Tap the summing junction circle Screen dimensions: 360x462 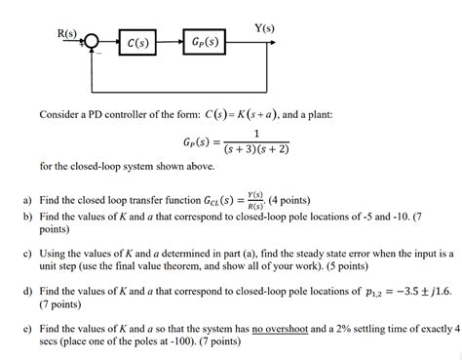pyautogui.click(x=91, y=42)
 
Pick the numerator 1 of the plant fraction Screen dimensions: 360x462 pyautogui.click(x=255, y=134)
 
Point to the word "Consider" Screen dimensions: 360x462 pyautogui.click(x=59, y=115)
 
